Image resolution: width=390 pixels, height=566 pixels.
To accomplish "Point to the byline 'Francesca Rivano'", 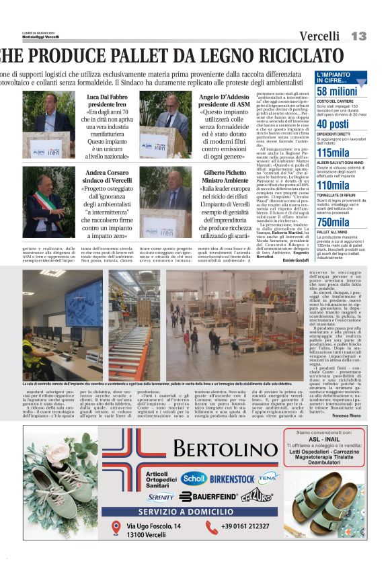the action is pos(350,415).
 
